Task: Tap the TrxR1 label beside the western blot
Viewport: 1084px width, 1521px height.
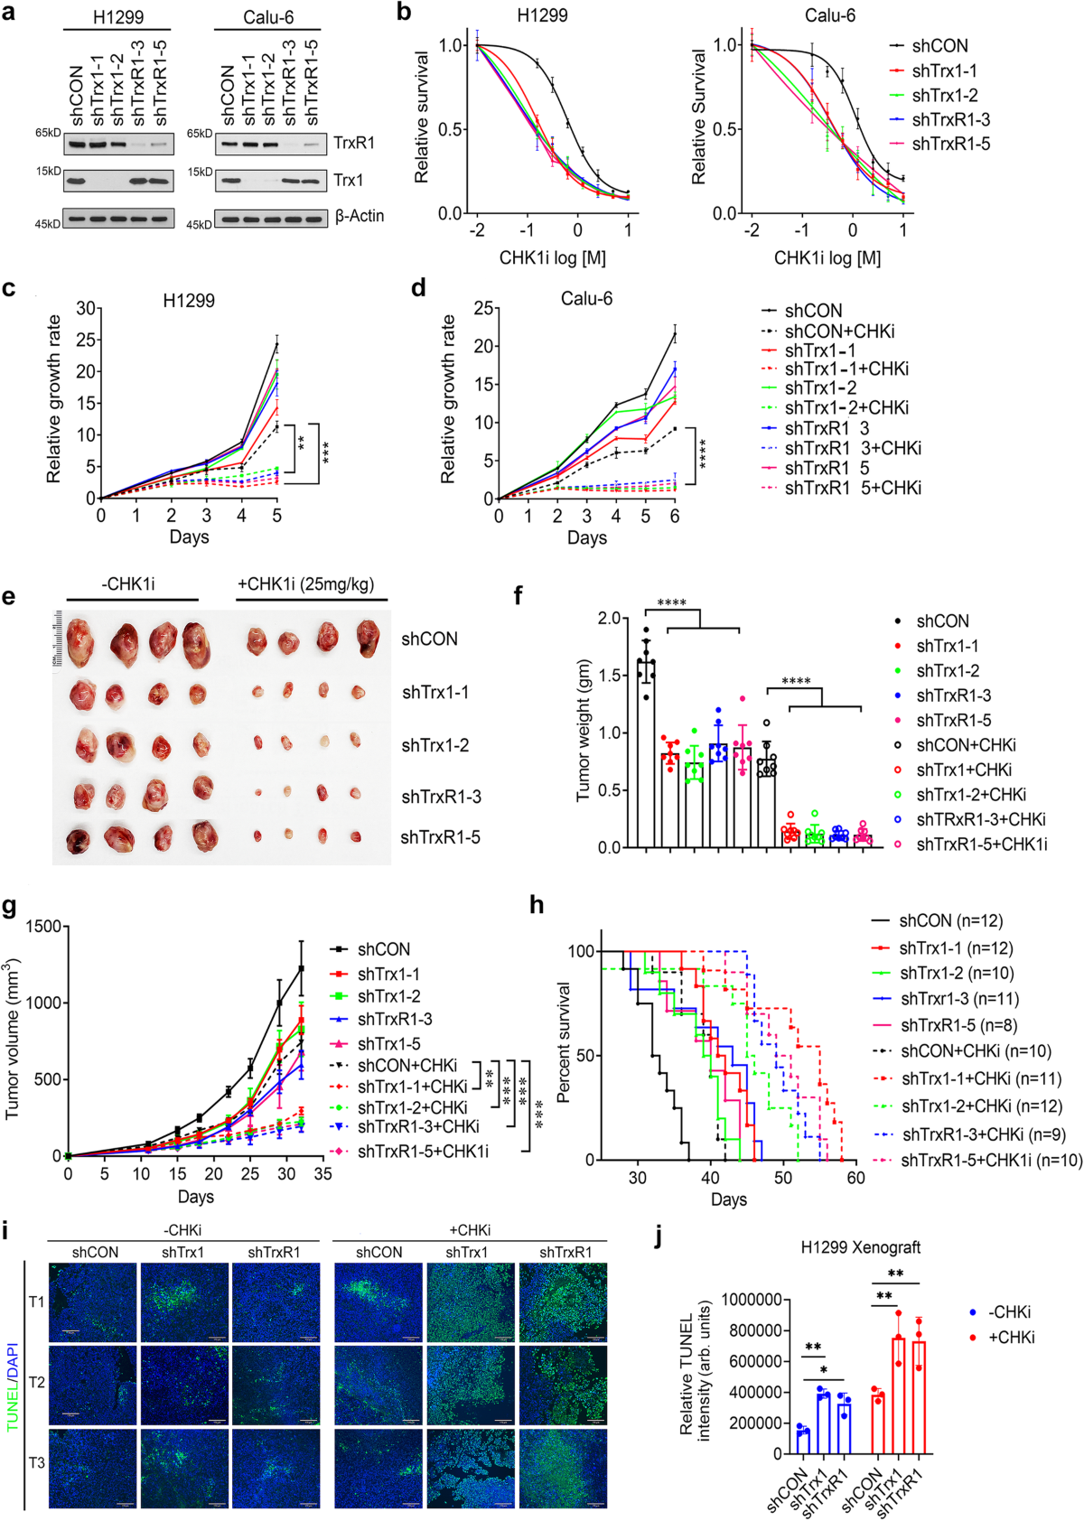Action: pos(353,143)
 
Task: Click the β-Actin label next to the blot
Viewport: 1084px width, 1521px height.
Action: pos(359,217)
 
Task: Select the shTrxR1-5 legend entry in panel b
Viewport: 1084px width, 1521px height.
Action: pos(950,144)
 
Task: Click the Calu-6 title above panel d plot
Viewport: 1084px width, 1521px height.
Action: pos(586,299)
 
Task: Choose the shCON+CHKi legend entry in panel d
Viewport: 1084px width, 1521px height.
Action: pos(839,331)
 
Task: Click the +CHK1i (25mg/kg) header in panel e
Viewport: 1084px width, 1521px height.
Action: pos(305,584)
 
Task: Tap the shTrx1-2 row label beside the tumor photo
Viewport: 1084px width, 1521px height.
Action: pos(435,745)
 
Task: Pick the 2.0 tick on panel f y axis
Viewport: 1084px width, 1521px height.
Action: pos(610,619)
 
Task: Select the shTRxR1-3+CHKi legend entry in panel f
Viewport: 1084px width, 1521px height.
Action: pos(980,819)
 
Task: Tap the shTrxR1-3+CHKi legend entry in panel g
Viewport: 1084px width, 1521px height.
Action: pos(417,1127)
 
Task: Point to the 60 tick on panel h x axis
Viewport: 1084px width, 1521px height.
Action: pos(855,1178)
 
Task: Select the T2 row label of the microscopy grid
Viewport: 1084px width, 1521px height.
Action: pos(36,1382)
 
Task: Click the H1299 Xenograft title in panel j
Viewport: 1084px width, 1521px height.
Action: pos(860,1247)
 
